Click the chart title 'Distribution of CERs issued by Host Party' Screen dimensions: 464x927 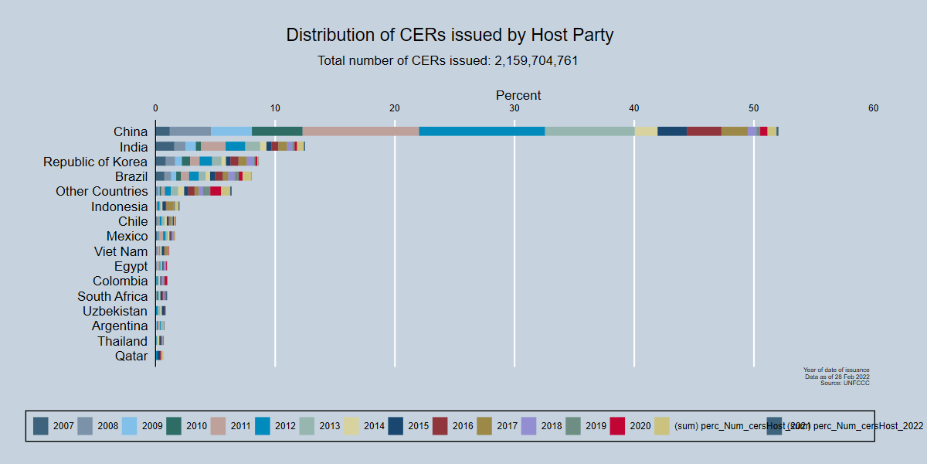click(x=450, y=35)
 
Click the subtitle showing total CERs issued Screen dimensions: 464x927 click(x=447, y=60)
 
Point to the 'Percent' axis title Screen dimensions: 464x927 click(x=518, y=95)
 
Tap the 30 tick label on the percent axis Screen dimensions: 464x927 click(x=514, y=109)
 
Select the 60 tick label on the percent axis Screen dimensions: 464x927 click(x=873, y=109)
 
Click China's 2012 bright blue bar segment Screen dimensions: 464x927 click(x=481, y=131)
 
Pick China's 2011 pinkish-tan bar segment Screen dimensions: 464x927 click(x=360, y=131)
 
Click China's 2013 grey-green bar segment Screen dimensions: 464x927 click(x=589, y=131)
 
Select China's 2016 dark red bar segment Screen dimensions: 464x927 click(x=704, y=131)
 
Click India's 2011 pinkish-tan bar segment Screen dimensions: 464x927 click(x=213, y=146)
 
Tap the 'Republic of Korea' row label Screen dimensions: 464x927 click(x=95, y=162)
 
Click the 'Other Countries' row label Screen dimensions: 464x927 click(x=101, y=191)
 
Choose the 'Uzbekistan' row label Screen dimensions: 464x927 click(x=114, y=311)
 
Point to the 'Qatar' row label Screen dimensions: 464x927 click(x=131, y=356)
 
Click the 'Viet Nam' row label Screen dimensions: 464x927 click(x=121, y=251)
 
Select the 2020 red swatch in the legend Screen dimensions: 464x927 click(x=617, y=425)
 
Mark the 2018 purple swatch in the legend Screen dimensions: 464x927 click(x=528, y=425)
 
